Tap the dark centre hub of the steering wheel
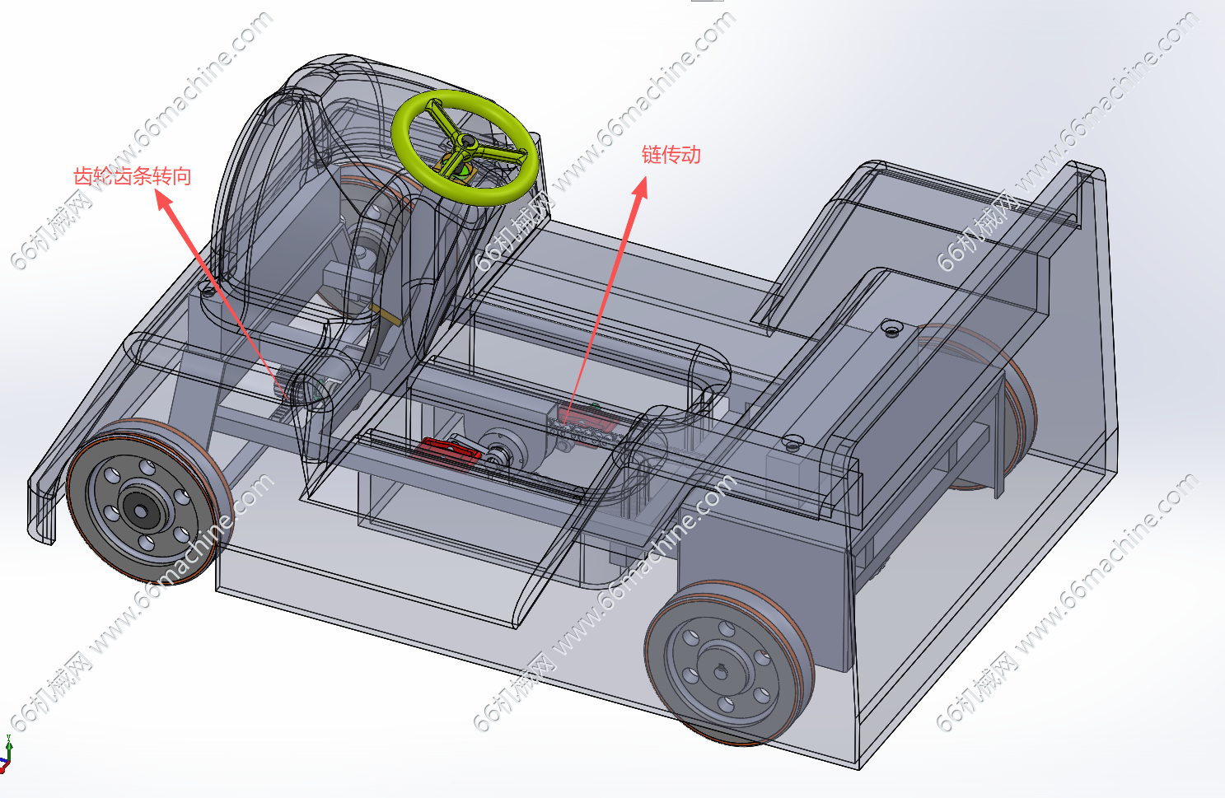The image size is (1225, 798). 468,142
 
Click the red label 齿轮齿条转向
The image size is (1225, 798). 133,176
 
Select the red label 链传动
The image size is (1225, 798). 671,155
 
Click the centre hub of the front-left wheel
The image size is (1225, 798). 141,511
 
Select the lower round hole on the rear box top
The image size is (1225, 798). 793,442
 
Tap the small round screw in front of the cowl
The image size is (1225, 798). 208,291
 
